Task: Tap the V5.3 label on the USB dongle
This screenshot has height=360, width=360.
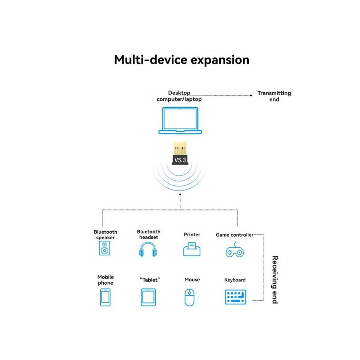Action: click(180, 160)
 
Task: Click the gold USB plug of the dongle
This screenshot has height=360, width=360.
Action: click(180, 149)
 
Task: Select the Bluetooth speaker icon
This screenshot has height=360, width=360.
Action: click(104, 248)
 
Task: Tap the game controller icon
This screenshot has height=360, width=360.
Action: click(235, 249)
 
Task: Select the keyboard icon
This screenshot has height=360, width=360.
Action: click(235, 297)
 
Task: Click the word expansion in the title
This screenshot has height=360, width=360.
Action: click(220, 60)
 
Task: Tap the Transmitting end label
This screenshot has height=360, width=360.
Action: click(274, 96)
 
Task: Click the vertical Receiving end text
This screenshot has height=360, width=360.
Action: click(275, 280)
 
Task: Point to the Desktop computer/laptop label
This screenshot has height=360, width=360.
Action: click(179, 96)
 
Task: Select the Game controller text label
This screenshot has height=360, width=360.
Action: click(235, 235)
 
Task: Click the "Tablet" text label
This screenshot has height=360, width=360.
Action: click(150, 280)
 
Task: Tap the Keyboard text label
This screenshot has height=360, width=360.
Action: click(235, 280)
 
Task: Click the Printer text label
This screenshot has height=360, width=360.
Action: click(192, 235)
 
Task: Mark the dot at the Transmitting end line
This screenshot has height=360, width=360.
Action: click(251, 95)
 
